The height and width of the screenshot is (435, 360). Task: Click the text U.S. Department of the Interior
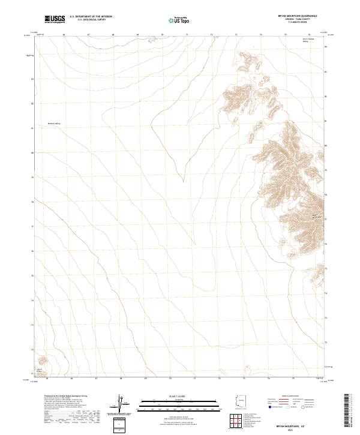coord(91,16)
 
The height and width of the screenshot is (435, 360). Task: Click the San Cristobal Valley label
coord(308,40)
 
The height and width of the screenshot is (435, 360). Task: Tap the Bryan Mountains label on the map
coord(316,215)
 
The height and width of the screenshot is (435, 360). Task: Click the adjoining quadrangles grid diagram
coord(239,422)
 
